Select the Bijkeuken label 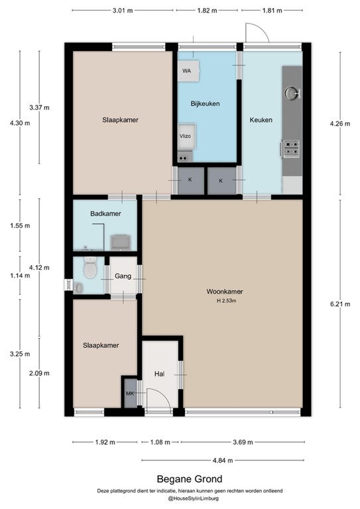coord(205,104)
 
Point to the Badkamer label coord(104,213)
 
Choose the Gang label coord(123,276)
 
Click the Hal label coord(159,374)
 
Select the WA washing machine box coord(187,71)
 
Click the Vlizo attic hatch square coord(185,135)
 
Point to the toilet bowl coord(90,268)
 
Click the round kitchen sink coord(292,92)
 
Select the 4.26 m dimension coord(340,123)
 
